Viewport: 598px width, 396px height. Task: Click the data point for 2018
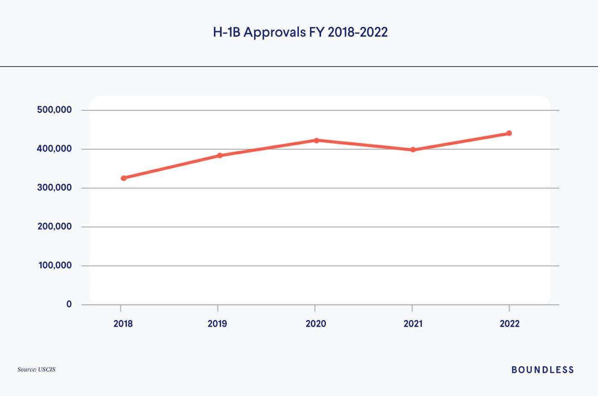click(x=123, y=178)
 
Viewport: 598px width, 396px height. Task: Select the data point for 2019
click(x=220, y=155)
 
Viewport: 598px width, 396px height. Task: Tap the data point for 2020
click(x=317, y=140)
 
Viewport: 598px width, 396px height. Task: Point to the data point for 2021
click(x=413, y=150)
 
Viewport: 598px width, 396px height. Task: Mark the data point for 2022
click(x=509, y=133)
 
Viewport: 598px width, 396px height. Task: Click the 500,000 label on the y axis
click(x=54, y=110)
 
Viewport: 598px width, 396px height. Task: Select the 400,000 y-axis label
click(x=54, y=149)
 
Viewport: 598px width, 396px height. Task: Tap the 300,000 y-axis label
click(x=54, y=188)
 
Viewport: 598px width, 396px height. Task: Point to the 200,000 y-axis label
click(x=54, y=227)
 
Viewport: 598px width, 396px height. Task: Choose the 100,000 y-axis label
click(x=55, y=266)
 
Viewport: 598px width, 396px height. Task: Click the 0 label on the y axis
click(x=69, y=304)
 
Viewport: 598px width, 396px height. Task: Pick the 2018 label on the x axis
click(x=123, y=324)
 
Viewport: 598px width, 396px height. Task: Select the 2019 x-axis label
click(x=217, y=324)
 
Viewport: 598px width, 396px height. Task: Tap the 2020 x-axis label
click(x=316, y=324)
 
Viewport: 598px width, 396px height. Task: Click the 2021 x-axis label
click(x=413, y=324)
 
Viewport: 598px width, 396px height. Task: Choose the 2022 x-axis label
click(x=510, y=324)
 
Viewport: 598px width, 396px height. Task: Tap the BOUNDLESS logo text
click(x=542, y=370)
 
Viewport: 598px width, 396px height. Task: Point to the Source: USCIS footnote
click(x=36, y=369)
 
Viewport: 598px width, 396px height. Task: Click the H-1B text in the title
click(x=226, y=33)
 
